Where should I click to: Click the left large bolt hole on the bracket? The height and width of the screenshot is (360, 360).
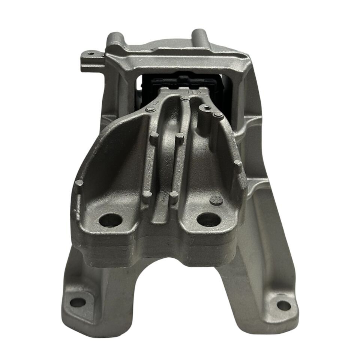pos(110,220)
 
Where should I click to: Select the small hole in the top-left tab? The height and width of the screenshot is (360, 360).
pos(90,54)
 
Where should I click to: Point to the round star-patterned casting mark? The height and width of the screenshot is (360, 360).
pos(217,200)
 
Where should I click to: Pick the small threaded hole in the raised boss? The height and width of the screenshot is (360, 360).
pos(206,108)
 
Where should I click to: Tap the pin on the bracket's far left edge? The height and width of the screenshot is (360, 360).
pos(79,183)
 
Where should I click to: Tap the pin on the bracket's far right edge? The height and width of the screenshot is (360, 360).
pos(238,163)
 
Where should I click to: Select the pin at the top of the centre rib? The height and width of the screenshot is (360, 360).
pos(184,99)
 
